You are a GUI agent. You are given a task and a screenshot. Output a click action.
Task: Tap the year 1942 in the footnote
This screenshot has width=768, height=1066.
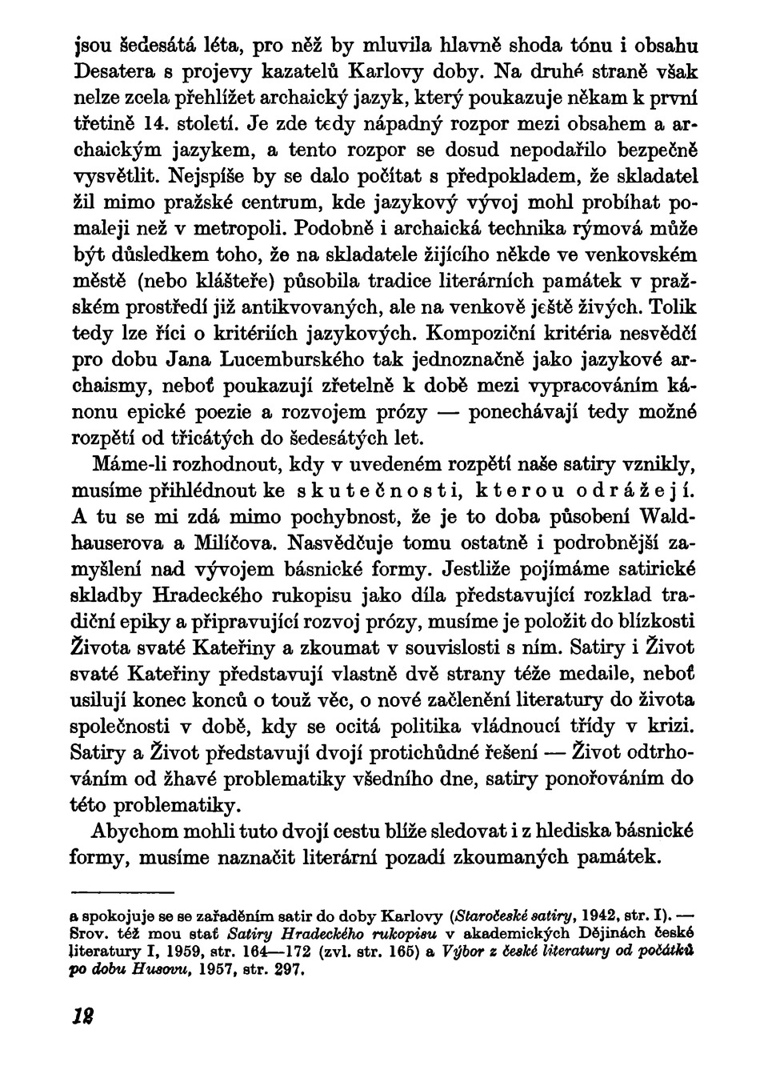coord(577,914)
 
